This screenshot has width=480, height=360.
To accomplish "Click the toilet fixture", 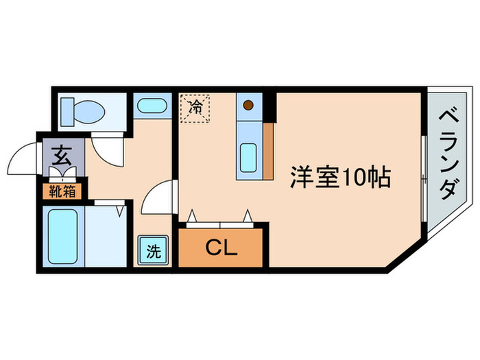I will point(86,110).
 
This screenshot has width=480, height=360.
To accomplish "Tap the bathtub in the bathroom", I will point(64,235).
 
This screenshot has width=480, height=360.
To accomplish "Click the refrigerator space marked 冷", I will point(195,108).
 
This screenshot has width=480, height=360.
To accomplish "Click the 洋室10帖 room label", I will point(340,178).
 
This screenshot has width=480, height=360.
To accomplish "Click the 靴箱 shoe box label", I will point(62,191).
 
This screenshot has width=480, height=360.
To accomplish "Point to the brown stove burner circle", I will point(249,105).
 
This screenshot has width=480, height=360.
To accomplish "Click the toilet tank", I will point(68,109).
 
